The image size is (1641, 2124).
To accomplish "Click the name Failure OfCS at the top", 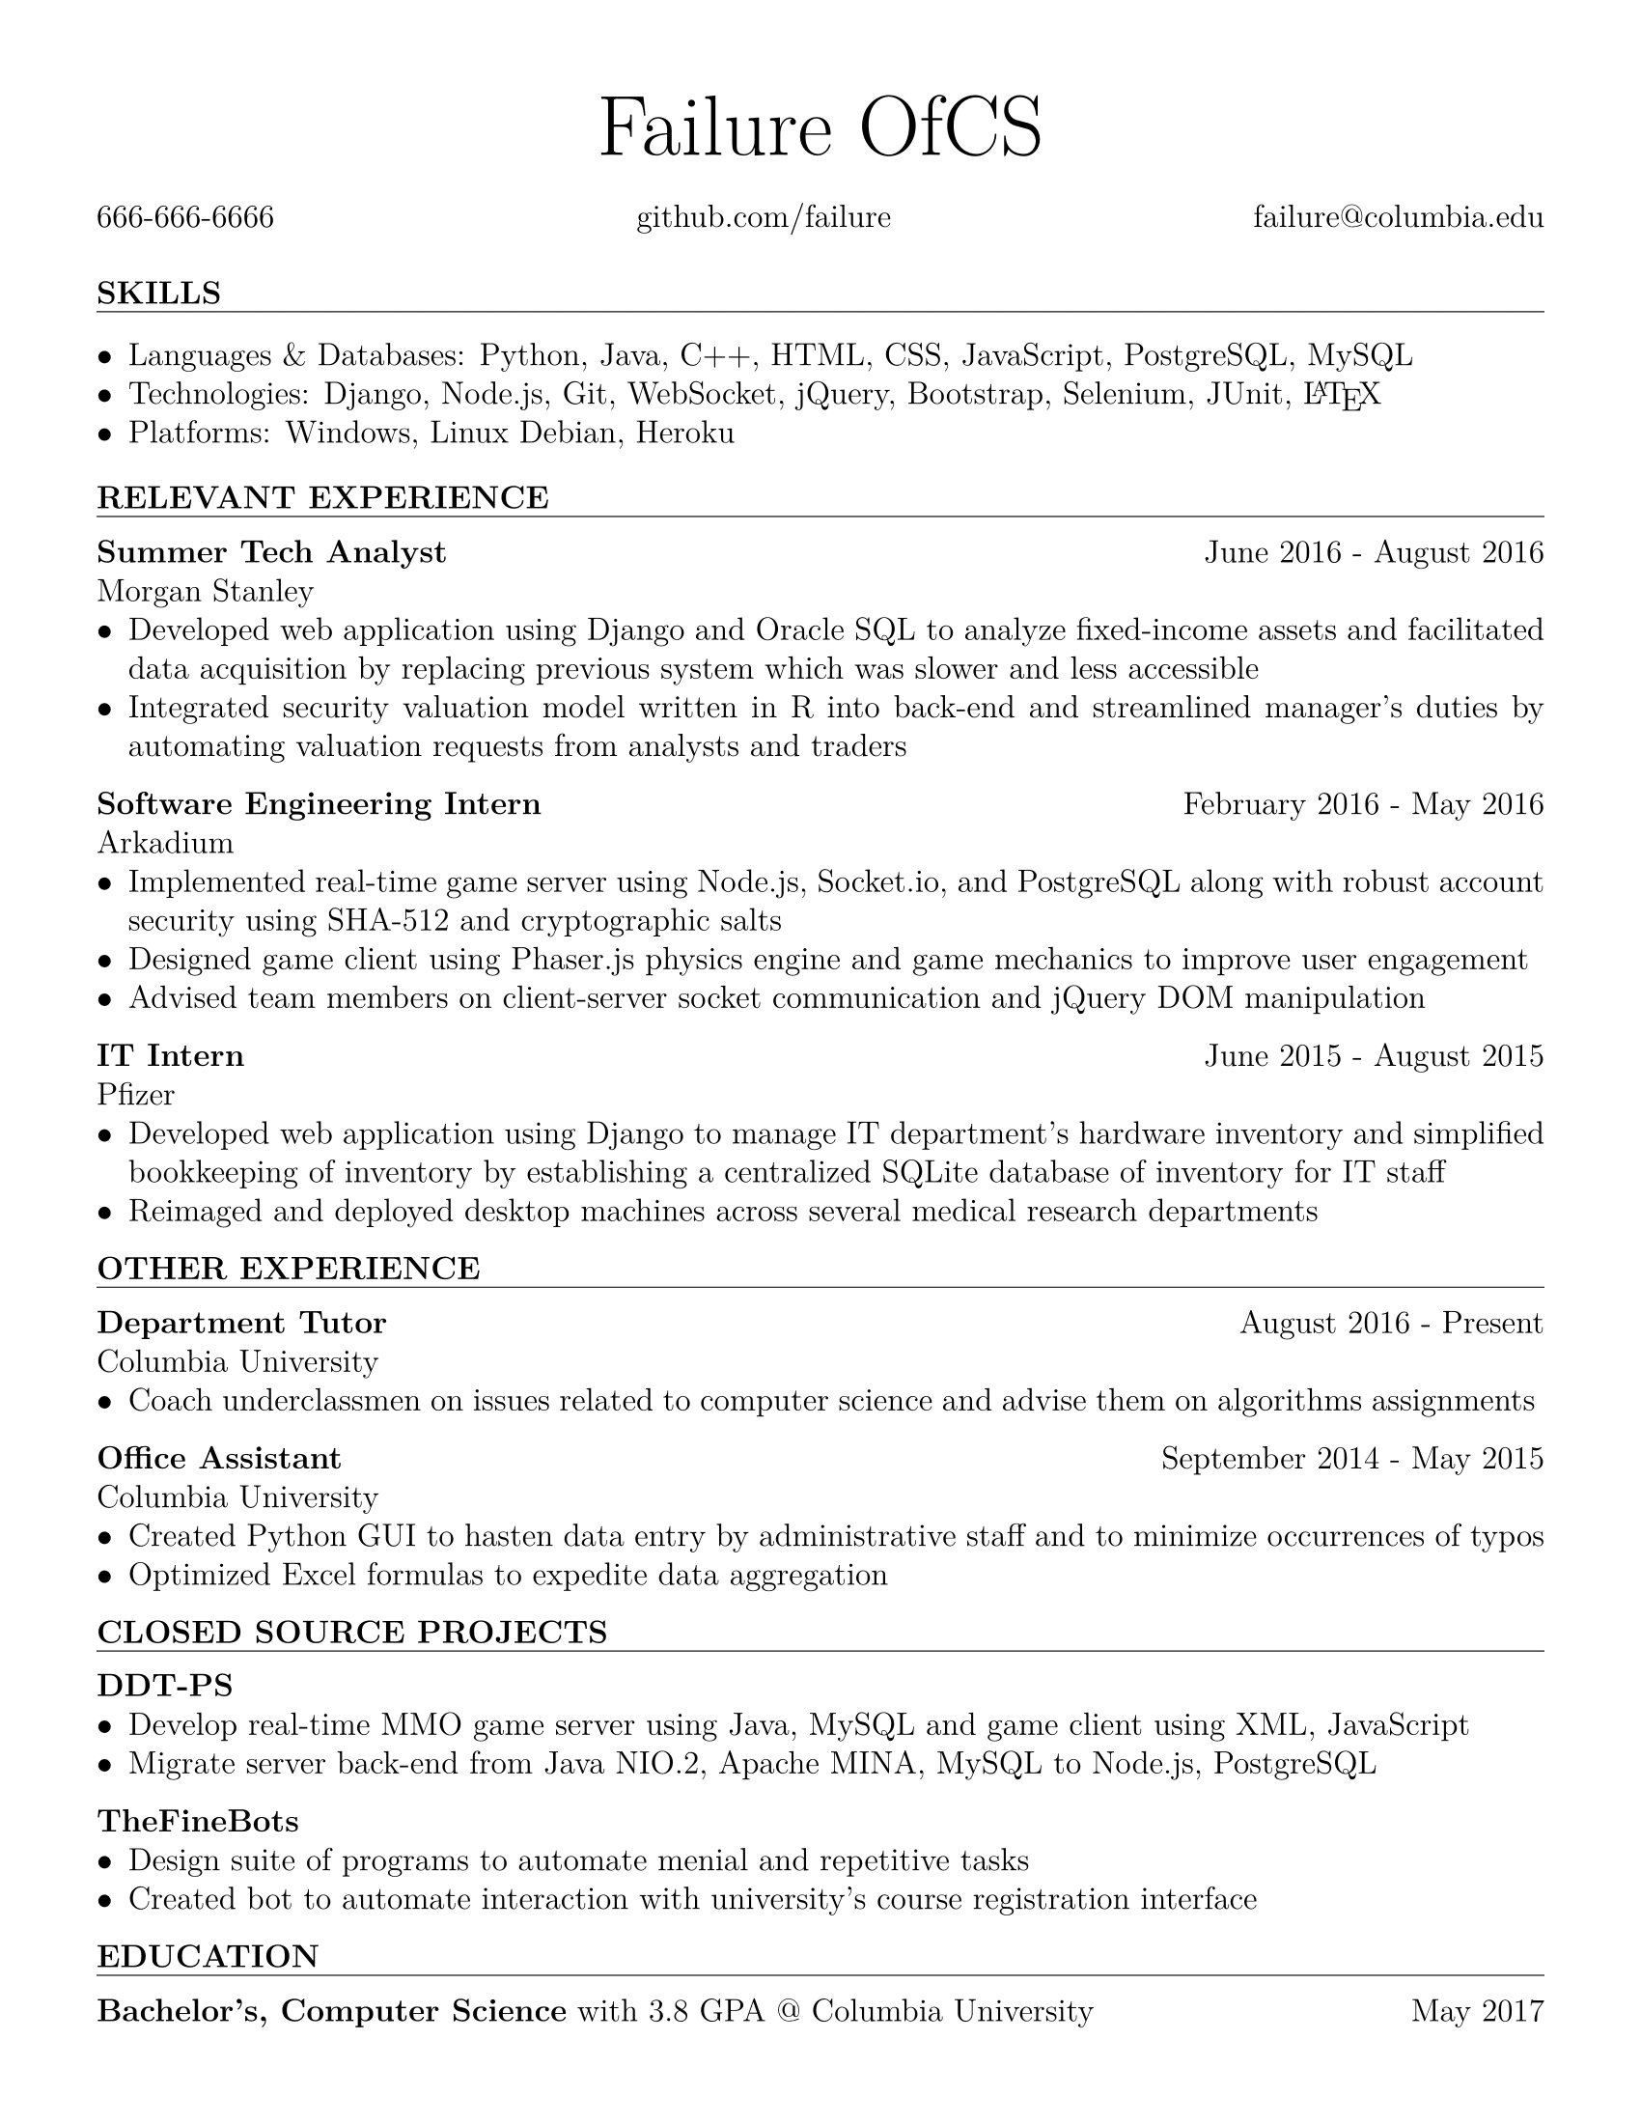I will (820, 129).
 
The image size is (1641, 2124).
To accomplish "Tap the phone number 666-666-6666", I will (184, 217).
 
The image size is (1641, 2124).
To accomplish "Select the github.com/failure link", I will (764, 217).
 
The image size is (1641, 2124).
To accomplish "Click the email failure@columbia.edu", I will (1397, 217).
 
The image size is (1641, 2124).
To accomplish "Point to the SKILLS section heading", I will (158, 293).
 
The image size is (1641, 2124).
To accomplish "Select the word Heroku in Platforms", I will (684, 433).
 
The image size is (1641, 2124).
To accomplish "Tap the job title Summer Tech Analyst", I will (271, 552).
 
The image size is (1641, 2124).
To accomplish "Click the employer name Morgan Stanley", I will (205, 591).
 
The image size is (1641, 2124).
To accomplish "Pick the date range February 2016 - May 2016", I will (1362, 804).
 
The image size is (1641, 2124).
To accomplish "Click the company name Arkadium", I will (165, 842).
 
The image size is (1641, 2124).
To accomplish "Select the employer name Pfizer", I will (135, 1095).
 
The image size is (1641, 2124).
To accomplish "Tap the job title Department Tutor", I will (241, 1323).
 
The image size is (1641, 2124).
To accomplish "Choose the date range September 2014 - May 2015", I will (1351, 1459).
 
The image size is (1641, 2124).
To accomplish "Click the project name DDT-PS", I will (164, 1685).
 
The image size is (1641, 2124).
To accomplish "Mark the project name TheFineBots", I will (197, 1821).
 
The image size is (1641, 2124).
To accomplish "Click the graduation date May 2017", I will (1477, 2011).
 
